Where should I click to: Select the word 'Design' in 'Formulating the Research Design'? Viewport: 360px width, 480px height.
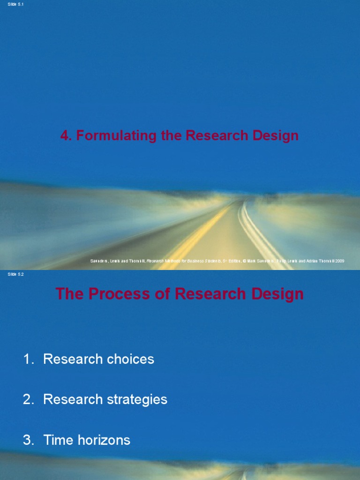277,136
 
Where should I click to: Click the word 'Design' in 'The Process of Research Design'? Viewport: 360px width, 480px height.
279,294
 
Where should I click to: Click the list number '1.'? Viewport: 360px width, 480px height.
29,360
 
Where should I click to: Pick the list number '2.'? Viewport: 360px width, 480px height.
29,400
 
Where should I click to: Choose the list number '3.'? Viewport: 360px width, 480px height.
29,440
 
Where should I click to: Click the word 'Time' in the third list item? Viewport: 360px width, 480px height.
57,440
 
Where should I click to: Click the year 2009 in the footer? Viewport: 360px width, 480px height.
339,261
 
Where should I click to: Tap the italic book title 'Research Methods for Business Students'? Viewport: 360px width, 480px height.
183,261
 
